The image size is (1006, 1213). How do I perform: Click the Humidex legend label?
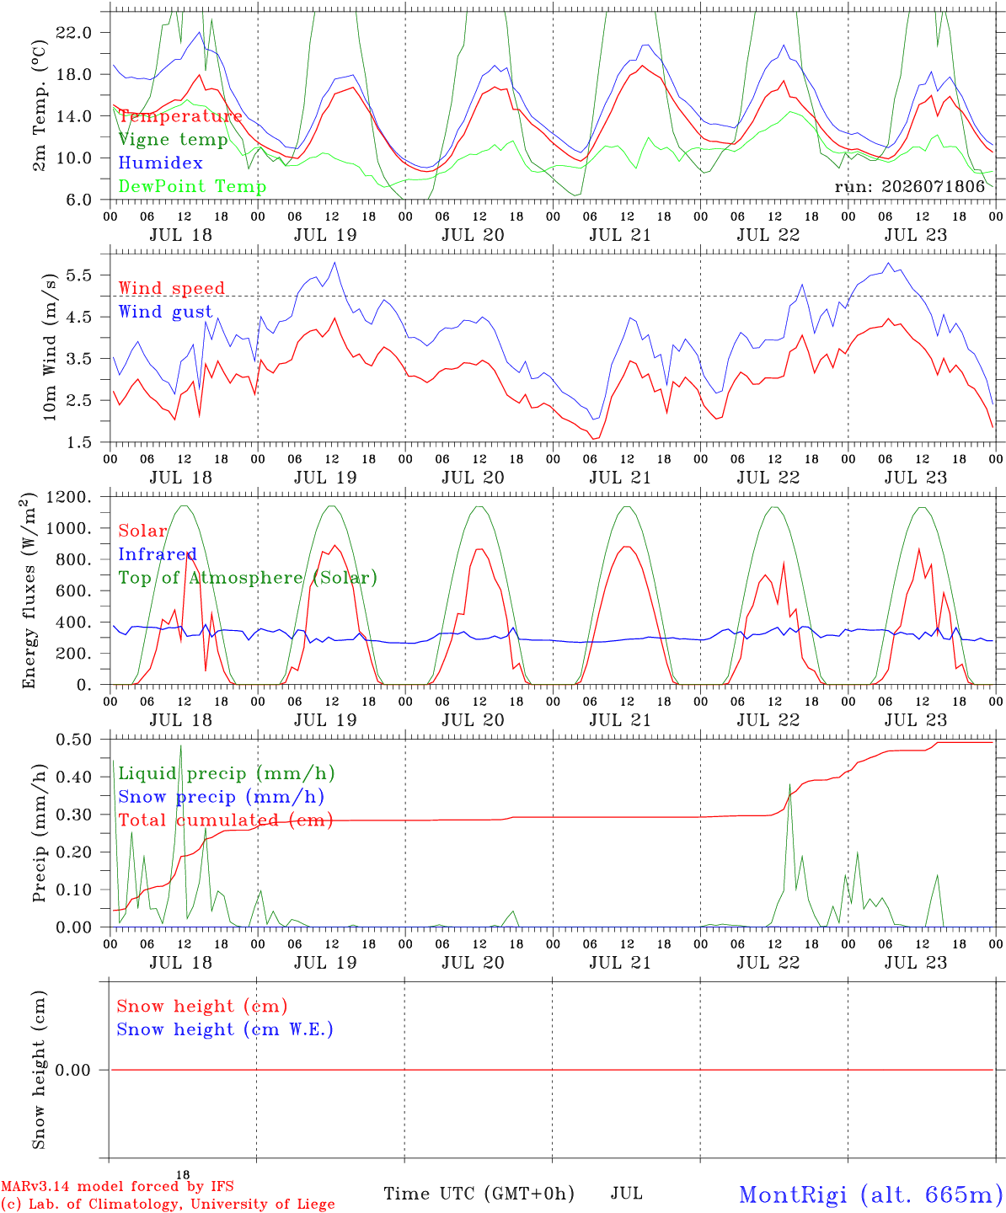[x=160, y=163]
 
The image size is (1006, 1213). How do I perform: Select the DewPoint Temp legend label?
[x=192, y=186]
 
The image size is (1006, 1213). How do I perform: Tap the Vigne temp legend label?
[x=174, y=140]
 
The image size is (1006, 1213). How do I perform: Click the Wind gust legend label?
[x=166, y=312]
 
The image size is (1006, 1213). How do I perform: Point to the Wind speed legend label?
[x=171, y=288]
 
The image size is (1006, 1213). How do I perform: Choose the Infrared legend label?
[x=158, y=554]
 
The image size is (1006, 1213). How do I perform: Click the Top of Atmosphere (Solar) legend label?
[x=249, y=578]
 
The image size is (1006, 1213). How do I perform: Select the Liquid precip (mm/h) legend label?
[x=227, y=774]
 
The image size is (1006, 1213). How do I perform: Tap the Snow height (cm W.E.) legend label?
[x=225, y=1029]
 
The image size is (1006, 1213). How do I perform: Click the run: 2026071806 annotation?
[x=909, y=186]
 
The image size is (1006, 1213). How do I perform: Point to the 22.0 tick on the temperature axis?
[x=74, y=33]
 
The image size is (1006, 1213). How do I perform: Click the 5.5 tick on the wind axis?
[x=79, y=275]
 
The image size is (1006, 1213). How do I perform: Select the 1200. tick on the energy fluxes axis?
[x=69, y=498]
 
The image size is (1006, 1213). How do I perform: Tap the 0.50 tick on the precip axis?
[x=74, y=740]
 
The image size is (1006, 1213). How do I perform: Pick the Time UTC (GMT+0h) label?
[x=479, y=1194]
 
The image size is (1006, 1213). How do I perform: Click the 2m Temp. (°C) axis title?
[x=39, y=106]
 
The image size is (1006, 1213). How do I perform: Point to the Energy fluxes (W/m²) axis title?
[x=29, y=590]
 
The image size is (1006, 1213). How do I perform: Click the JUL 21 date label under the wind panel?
[x=620, y=478]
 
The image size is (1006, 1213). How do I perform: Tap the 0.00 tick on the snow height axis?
[x=72, y=1070]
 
